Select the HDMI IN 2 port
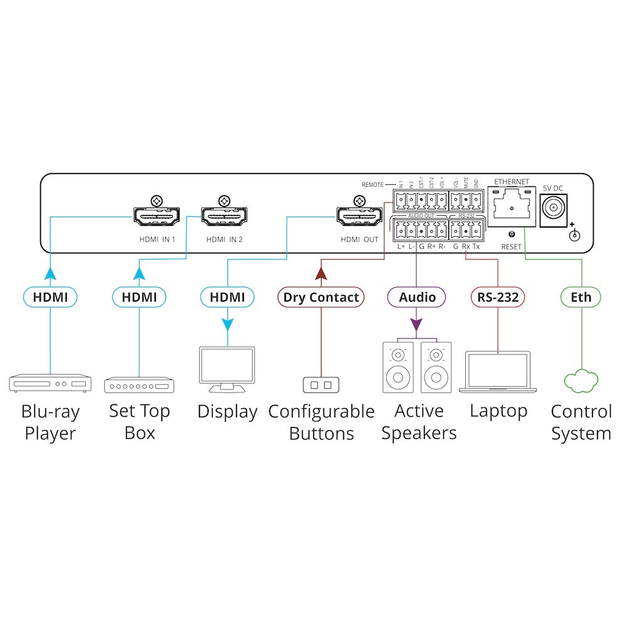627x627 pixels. (x=224, y=217)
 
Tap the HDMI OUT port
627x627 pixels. (x=359, y=217)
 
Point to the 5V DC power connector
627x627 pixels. (x=553, y=207)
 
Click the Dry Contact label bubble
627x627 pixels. (x=321, y=297)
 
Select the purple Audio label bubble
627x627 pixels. (x=417, y=297)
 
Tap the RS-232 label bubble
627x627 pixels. (x=498, y=297)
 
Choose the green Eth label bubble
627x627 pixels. (x=581, y=297)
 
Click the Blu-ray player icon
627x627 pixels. (x=50, y=383)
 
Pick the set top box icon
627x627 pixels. (x=139, y=384)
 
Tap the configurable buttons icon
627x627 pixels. (x=321, y=384)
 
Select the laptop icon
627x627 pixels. (x=498, y=372)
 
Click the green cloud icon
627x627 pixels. (x=581, y=381)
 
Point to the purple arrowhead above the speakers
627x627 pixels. (x=417, y=325)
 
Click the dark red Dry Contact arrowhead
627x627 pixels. (x=321, y=273)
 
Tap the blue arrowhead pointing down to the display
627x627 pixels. (x=227, y=325)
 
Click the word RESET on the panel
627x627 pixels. (x=511, y=247)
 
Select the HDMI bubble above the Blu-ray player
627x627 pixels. (x=50, y=297)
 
